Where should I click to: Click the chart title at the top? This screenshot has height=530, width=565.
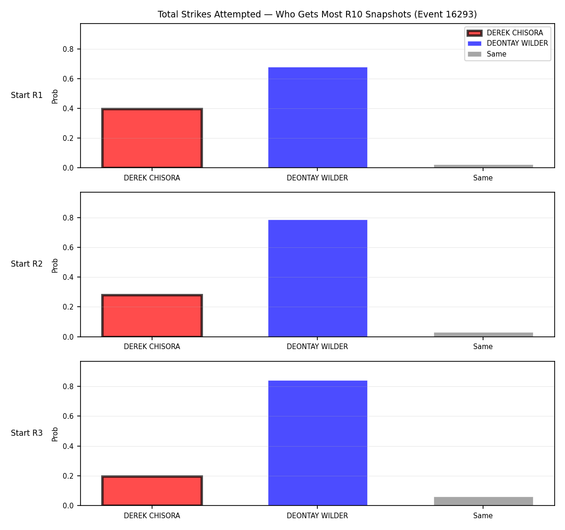click(x=317, y=14)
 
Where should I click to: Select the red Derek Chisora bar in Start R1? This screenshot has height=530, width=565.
click(x=152, y=138)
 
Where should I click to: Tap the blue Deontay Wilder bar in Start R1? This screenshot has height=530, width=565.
click(x=317, y=117)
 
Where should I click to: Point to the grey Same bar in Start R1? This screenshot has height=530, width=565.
click(x=483, y=166)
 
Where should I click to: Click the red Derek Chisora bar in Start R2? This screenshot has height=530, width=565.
click(x=152, y=315)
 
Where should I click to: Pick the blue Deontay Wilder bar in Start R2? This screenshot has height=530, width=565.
click(x=317, y=278)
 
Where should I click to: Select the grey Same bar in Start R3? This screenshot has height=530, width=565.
click(x=483, y=501)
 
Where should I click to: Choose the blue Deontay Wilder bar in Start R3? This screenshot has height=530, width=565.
click(x=317, y=443)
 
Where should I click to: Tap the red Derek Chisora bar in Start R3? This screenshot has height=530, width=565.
click(x=152, y=490)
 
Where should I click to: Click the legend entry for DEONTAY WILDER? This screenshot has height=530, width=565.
click(x=508, y=43)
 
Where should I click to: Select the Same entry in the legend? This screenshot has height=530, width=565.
click(x=487, y=54)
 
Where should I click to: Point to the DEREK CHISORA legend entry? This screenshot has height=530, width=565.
click(x=505, y=33)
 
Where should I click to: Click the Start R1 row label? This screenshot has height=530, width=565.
click(x=27, y=95)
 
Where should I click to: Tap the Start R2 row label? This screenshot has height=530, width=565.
click(x=27, y=264)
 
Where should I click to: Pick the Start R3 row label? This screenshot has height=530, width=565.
click(x=27, y=433)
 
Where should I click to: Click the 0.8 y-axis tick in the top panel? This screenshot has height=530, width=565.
click(x=68, y=49)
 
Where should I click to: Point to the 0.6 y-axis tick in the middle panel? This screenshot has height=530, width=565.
click(x=68, y=247)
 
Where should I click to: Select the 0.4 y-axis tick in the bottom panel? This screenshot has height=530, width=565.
click(x=68, y=446)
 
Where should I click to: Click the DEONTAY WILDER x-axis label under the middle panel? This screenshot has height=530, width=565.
click(x=317, y=347)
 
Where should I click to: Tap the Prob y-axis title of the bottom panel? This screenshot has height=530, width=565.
click(x=55, y=434)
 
